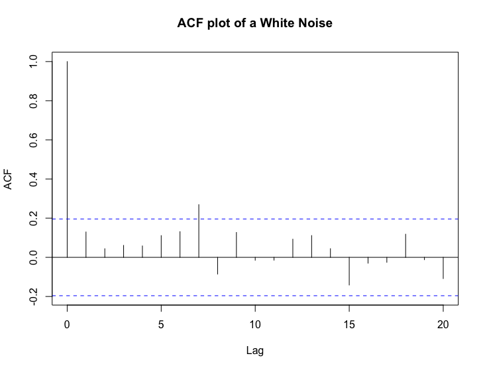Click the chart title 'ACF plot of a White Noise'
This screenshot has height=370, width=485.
pos(254,24)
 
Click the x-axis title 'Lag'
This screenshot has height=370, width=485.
pos(254,349)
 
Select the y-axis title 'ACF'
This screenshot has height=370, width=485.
pos(9,179)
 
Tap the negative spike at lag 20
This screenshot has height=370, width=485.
pos(443,268)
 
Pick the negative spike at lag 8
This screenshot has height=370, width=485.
pos(217,265)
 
